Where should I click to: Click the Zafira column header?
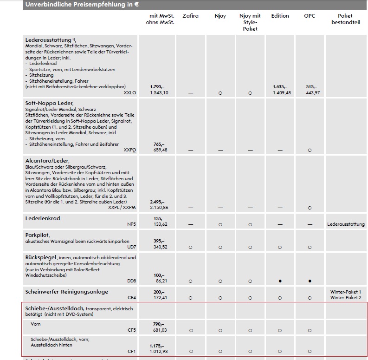[x=190, y=16]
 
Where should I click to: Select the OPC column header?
[x=309, y=16]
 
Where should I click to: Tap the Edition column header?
[x=280, y=16]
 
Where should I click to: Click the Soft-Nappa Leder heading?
[x=49, y=103]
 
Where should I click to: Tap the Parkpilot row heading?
[x=37, y=235]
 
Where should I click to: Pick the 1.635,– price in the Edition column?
[x=280, y=87]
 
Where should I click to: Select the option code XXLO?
[x=130, y=93]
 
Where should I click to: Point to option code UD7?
[x=132, y=247]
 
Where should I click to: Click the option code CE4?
[x=132, y=297]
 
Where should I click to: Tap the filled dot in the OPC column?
[x=309, y=281]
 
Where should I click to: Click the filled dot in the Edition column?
[x=280, y=281]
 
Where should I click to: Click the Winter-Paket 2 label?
[x=345, y=297]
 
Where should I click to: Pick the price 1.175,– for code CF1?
[x=157, y=346]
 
